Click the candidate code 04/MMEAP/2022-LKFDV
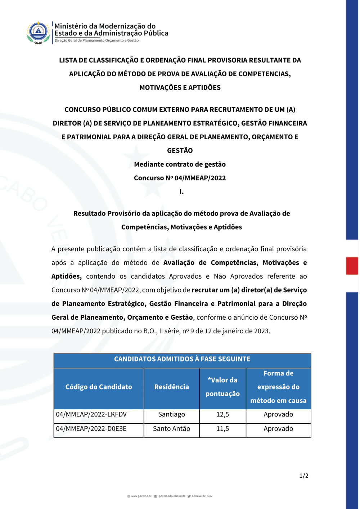tap(91, 414)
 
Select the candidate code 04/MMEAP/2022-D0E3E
tap(91, 429)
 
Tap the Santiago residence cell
tap(171, 414)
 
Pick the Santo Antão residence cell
tap(171, 429)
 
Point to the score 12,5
tap(222, 414)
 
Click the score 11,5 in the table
tap(222, 429)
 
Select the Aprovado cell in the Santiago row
tap(278, 414)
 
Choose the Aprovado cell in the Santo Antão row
tap(278, 429)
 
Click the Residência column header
tap(171, 387)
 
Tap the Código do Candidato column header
tap(99, 387)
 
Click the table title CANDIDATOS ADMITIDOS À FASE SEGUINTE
tap(182, 359)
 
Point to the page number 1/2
tap(304, 476)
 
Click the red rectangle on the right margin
tap(352, 266)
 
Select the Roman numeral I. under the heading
tap(181, 192)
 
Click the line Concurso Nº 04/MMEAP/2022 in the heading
tap(180, 178)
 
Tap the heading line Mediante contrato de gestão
tap(180, 165)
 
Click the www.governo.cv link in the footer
tap(141, 496)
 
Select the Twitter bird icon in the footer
tap(189, 496)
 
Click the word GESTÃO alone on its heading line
tap(180, 151)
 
